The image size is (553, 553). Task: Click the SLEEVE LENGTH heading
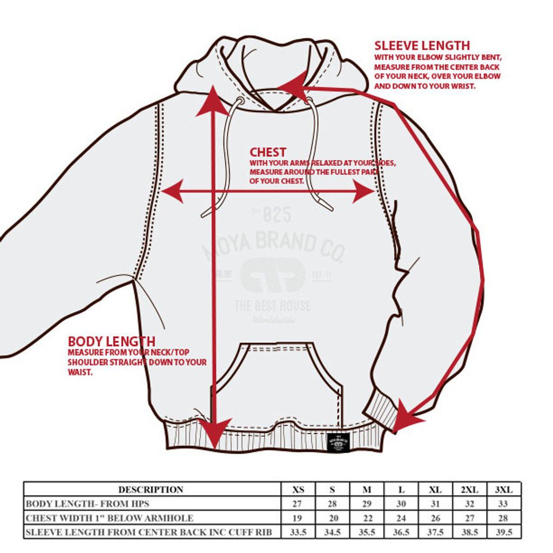pyautogui.click(x=422, y=45)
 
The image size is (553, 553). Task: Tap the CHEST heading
pyautogui.click(x=268, y=152)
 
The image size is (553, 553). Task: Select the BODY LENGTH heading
pyautogui.click(x=112, y=341)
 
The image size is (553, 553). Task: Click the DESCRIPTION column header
pyautogui.click(x=151, y=490)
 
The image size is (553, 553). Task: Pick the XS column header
pyautogui.click(x=298, y=490)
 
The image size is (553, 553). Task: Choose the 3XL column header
pyautogui.click(x=504, y=490)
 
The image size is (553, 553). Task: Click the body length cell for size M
pyautogui.click(x=367, y=504)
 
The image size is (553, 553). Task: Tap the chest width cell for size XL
pyautogui.click(x=435, y=518)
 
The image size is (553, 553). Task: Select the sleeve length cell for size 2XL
pyautogui.click(x=470, y=532)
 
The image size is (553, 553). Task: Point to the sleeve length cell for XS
pyautogui.click(x=298, y=532)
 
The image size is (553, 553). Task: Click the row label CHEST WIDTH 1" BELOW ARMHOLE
pyautogui.click(x=110, y=518)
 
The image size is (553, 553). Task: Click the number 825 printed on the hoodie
pyautogui.click(x=276, y=215)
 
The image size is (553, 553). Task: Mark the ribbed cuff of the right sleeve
pyautogui.click(x=382, y=411)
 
